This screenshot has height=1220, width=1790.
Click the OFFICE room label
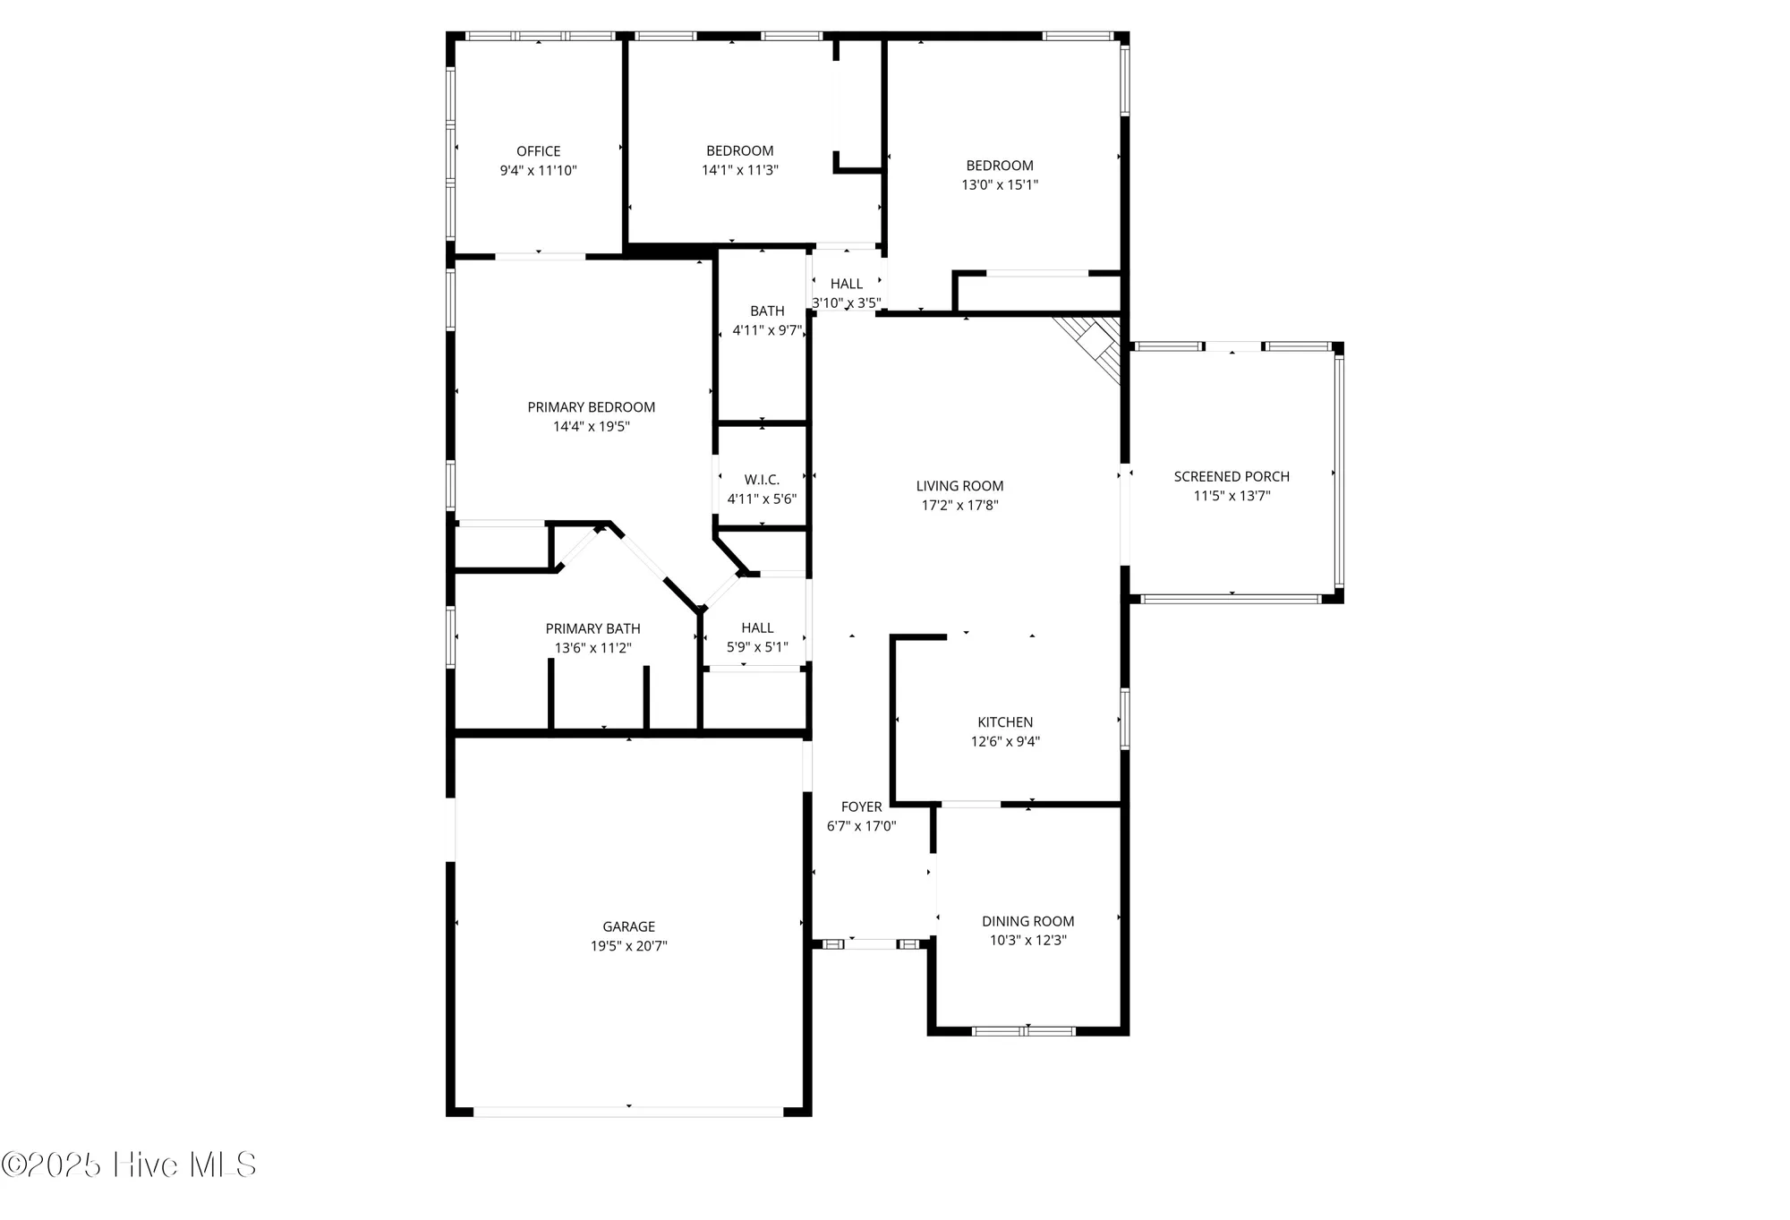tap(538, 151)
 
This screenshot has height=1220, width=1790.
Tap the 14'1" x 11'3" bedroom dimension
tap(739, 170)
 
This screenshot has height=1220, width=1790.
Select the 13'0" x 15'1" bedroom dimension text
tap(999, 185)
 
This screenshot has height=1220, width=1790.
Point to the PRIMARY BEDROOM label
tap(591, 407)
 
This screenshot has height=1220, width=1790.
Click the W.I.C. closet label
tap(762, 480)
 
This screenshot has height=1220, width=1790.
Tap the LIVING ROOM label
tap(959, 486)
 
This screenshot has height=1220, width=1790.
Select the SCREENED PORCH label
tap(1232, 477)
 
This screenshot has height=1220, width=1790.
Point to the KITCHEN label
tap(1005, 722)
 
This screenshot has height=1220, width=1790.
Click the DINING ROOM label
tap(1027, 921)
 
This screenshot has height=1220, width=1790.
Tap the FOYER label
tap(861, 807)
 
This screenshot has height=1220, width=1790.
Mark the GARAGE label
tap(628, 926)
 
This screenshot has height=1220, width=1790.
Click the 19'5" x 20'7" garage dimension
tap(628, 946)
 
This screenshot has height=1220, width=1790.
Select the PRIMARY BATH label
tap(592, 629)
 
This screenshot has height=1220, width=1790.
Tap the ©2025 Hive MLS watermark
tap(129, 1165)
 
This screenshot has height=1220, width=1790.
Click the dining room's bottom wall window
tap(1024, 1031)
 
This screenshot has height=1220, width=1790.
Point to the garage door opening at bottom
tap(628, 1112)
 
